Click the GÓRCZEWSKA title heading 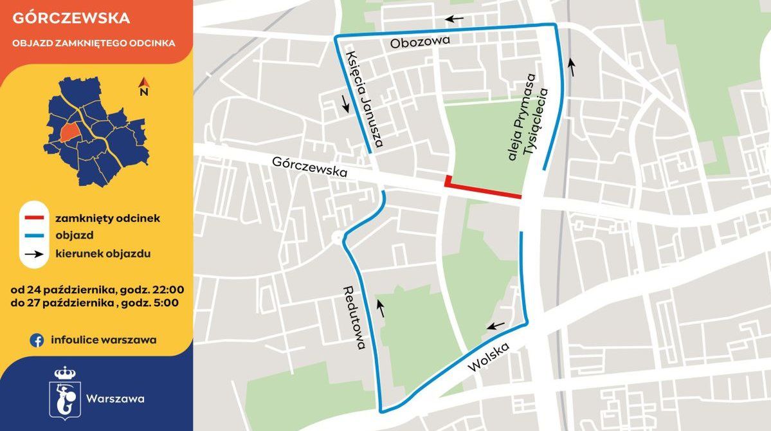click(71, 18)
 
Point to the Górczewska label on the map click(309, 168)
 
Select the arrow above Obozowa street click(455, 19)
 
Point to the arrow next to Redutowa click(381, 309)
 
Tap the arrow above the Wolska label click(496, 326)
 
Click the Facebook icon click(37, 340)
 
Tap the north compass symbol click(144, 85)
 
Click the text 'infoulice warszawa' click(104, 340)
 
